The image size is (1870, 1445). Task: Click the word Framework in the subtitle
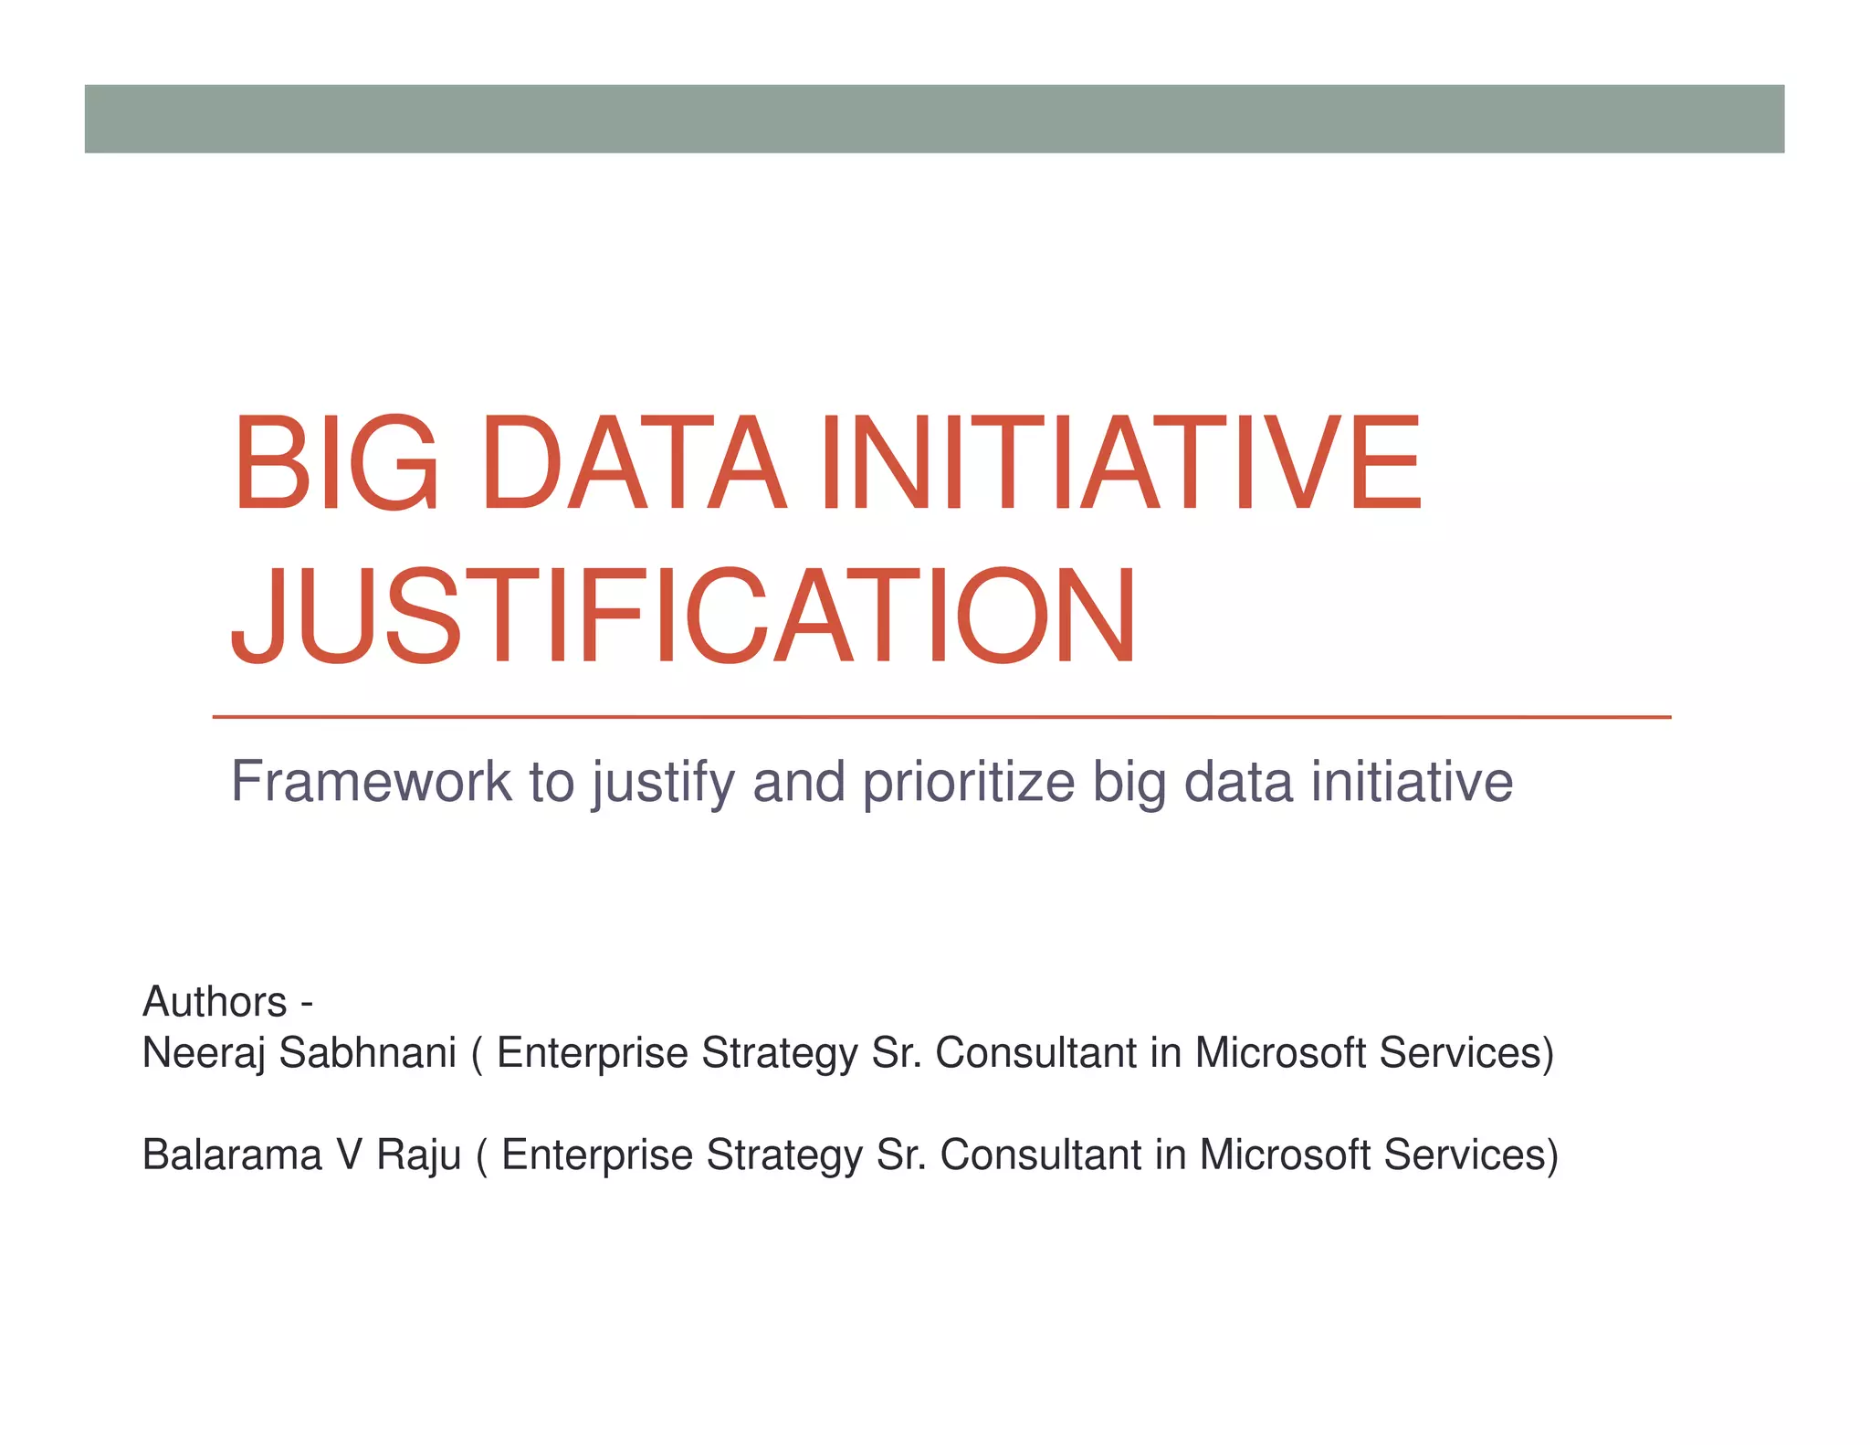(371, 782)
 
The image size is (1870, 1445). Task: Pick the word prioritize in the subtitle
(969, 784)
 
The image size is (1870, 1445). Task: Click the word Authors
(215, 1002)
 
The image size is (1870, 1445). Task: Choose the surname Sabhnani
(367, 1053)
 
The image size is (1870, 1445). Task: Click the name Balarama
(232, 1155)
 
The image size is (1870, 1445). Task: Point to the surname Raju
(419, 1155)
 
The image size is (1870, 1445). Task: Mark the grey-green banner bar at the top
(934, 119)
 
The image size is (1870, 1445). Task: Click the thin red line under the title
(941, 718)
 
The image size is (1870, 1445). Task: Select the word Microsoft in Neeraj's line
(1280, 1053)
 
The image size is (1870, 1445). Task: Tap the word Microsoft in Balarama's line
(1285, 1155)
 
